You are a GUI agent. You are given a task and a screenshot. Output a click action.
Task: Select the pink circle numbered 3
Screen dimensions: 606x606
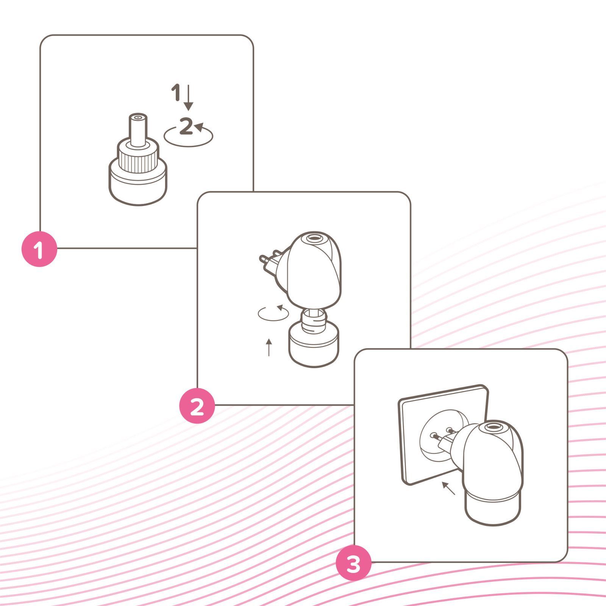tap(354, 562)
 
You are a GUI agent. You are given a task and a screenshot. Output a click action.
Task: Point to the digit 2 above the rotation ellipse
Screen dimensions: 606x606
tap(186, 126)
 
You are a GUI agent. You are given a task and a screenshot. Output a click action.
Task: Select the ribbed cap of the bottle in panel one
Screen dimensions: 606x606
tap(137, 156)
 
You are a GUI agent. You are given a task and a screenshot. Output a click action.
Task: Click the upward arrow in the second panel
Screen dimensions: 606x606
tap(269, 347)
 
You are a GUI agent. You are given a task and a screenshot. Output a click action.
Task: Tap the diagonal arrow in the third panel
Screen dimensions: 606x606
tap(449, 488)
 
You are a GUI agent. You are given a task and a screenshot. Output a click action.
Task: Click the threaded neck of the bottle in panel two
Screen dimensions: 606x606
tap(314, 319)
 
